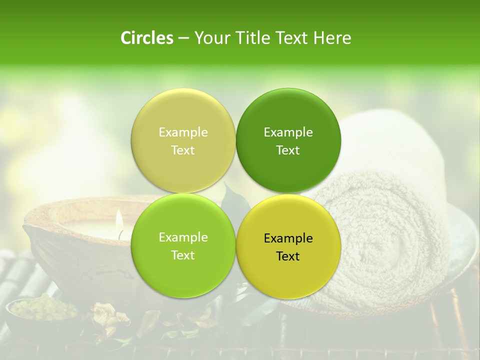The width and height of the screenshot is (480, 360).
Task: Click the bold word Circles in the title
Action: pos(146,38)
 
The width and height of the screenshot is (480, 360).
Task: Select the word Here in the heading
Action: pos(332,38)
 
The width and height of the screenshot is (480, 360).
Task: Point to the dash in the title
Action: pos(183,39)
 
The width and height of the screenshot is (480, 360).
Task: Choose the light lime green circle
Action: pos(183,270)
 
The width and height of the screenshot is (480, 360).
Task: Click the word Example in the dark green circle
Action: pos(288,132)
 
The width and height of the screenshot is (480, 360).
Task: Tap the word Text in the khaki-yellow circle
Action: pos(183,150)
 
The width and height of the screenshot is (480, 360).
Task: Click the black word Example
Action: pos(288,238)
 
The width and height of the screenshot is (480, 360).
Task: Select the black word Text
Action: pos(288,256)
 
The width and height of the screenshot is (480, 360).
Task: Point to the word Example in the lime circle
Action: pos(183,237)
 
